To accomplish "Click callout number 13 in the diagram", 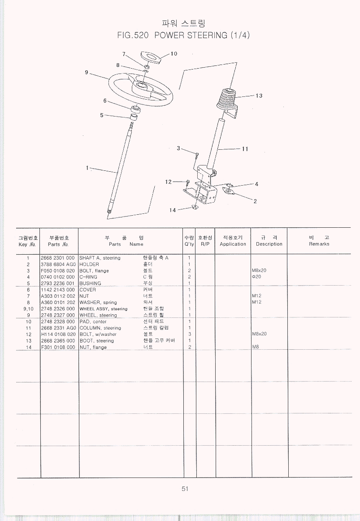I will click(259, 96).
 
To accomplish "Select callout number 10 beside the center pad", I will click(173, 54).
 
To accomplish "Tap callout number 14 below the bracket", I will click(173, 210).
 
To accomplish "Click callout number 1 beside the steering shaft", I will click(87, 168).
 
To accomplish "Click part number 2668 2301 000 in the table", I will click(58, 258).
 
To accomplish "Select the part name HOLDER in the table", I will click(89, 264).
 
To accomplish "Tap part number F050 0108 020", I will click(58, 270).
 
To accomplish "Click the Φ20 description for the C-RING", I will click(256, 277).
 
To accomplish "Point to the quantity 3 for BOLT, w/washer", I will click(190, 334).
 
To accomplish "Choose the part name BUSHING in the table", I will click(90, 283).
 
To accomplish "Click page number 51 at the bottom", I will click(185, 489).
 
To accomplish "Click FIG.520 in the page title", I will click(132, 35).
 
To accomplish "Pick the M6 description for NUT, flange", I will click(256, 347).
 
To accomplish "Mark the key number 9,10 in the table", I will click(28, 309).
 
